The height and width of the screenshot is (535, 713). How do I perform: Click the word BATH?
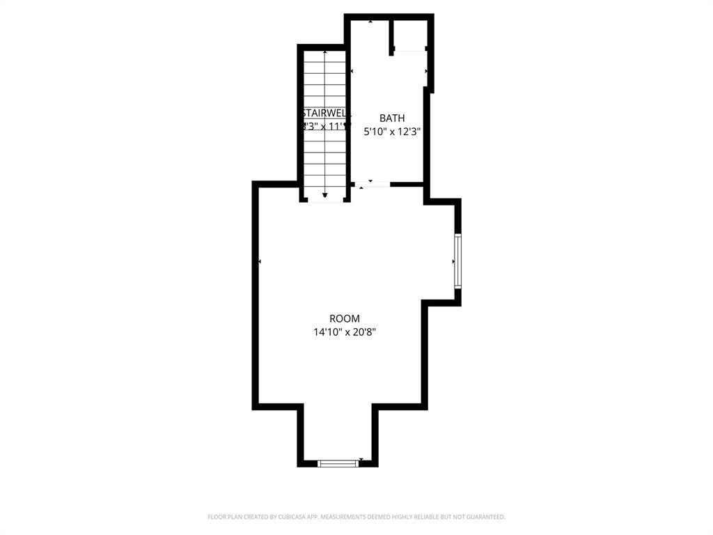[391, 118]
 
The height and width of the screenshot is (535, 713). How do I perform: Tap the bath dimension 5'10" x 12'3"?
[392, 130]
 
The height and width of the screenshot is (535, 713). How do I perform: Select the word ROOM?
[345, 318]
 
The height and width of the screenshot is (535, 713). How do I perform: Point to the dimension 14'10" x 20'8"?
[345, 332]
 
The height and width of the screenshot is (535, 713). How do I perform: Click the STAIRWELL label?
[324, 113]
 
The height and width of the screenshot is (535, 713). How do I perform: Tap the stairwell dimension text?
[324, 127]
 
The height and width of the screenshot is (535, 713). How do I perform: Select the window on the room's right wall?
[457, 261]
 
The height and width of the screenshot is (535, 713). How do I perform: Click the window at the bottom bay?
[338, 463]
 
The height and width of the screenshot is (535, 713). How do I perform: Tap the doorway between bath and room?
[372, 185]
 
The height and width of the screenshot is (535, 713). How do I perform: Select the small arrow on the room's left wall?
[260, 261]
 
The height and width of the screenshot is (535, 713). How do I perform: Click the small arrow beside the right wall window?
[453, 261]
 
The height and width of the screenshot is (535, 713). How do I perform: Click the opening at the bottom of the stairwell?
[324, 200]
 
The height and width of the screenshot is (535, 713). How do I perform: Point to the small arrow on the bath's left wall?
[352, 71]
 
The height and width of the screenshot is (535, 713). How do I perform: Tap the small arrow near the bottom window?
[361, 459]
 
